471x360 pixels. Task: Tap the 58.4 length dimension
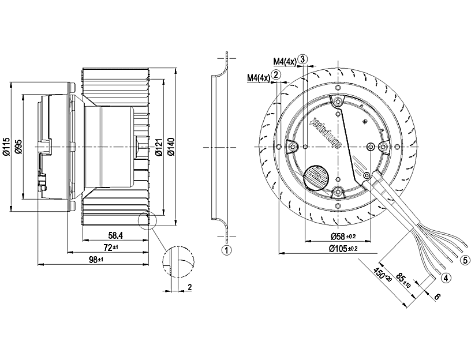click(115, 235)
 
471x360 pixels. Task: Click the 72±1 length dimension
click(110, 247)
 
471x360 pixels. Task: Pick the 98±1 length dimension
click(96, 260)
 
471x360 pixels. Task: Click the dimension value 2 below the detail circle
click(189, 287)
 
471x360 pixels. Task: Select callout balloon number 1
click(227, 250)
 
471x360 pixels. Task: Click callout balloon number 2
click(276, 74)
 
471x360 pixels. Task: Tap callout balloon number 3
click(302, 59)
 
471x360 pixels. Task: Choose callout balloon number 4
click(446, 277)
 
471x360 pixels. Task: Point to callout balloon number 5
click(465, 260)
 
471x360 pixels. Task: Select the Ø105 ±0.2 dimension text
click(343, 249)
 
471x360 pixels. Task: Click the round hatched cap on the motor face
click(315, 176)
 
